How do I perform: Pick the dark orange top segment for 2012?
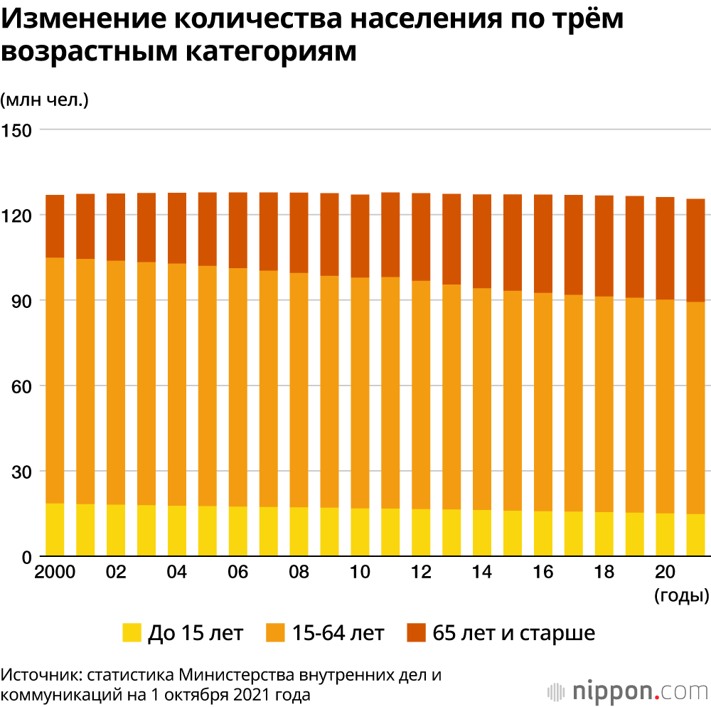coord(421,237)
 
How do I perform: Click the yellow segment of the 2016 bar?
coord(543,533)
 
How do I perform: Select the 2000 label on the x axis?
coord(55,573)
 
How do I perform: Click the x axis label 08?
coord(299,573)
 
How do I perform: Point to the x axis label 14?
coord(482,573)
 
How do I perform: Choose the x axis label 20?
coord(665,573)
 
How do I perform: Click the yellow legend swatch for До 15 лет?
coord(132,632)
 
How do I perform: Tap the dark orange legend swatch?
coord(415,632)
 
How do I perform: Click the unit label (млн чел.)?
coord(44,100)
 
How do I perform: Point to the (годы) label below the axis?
coord(681,596)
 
